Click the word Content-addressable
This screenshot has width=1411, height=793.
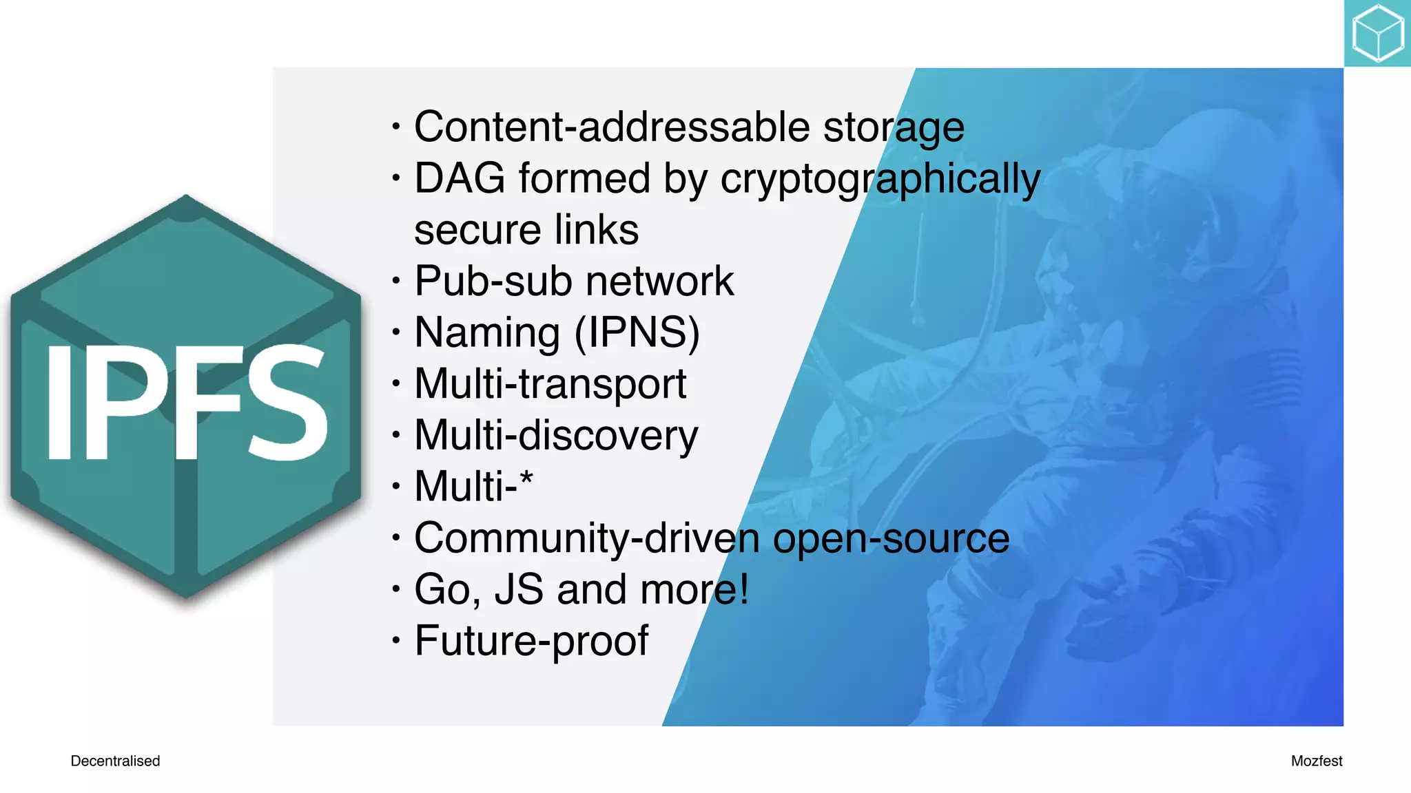coord(612,127)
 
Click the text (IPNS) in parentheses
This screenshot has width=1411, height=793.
coord(637,333)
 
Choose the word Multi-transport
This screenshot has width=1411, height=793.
coord(550,384)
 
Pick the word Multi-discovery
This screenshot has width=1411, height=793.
coord(556,436)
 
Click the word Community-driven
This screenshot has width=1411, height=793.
coord(587,538)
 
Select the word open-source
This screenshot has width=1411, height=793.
coord(891,539)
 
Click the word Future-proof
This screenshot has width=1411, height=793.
coord(531,642)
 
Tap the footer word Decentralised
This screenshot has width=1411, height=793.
coord(115,761)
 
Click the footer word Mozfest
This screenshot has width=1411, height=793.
coord(1316,761)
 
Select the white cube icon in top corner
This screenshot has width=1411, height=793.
coord(1377,33)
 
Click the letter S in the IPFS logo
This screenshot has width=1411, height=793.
coord(288,402)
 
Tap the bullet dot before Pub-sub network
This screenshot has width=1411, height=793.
coord(395,281)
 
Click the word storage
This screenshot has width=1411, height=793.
coord(894,129)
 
